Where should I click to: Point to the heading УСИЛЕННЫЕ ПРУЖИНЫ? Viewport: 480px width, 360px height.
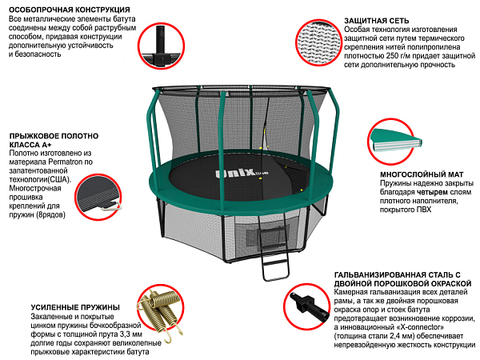coord(75,307)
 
